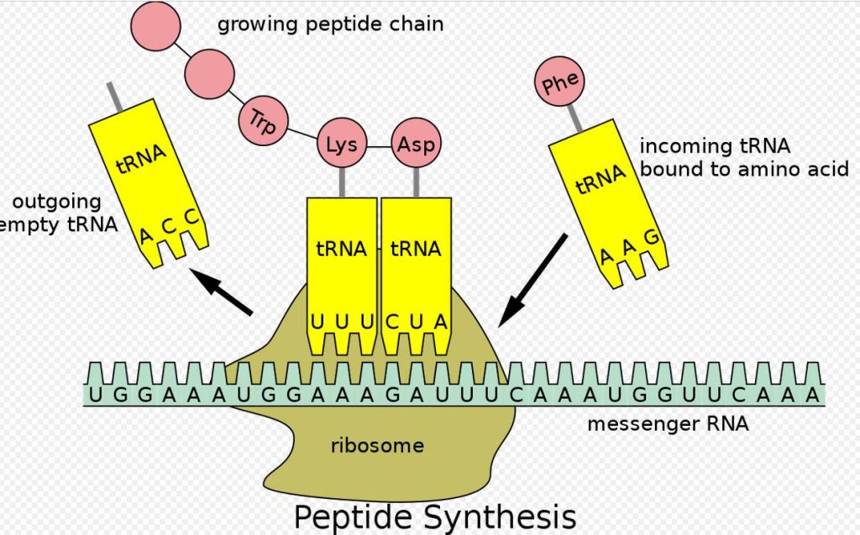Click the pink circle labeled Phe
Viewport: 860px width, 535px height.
pos(560,86)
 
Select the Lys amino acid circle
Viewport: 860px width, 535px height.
pos(341,144)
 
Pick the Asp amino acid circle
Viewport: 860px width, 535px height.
pos(417,144)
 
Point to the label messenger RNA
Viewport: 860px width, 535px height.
pos(668,424)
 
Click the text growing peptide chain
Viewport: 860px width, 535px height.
pos(330,24)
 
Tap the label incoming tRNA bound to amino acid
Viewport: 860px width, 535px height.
pos(744,157)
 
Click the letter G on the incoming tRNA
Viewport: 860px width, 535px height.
pos(649,237)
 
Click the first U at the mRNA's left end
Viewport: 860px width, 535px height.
pos(95,395)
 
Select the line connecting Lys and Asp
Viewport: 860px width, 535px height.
pos(379,145)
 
